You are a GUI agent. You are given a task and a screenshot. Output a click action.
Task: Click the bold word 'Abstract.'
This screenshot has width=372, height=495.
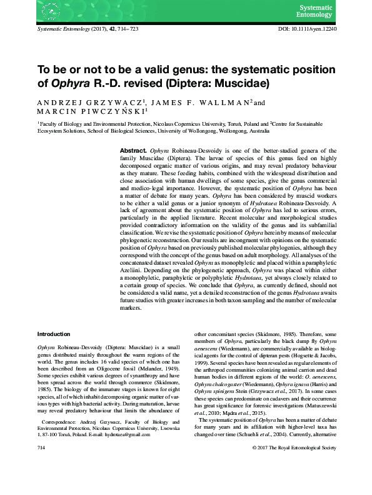133,152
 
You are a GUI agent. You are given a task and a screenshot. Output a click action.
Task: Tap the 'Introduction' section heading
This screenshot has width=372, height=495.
55,334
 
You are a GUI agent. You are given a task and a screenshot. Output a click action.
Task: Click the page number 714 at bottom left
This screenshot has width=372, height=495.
43,484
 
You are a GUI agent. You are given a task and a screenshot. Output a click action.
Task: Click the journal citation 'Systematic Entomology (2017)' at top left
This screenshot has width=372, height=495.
74,29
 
